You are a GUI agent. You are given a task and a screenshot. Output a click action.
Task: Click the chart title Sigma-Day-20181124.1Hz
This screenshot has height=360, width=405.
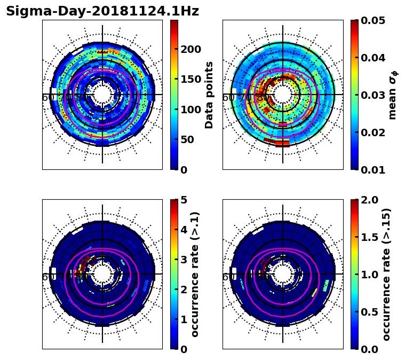point(102,11)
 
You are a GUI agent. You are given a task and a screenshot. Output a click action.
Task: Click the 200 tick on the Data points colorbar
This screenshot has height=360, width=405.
point(191,49)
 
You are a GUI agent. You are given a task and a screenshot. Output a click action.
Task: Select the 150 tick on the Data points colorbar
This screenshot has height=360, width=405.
point(191,79)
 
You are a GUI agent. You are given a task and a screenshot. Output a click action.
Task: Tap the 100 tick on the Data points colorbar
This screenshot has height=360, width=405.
point(191,109)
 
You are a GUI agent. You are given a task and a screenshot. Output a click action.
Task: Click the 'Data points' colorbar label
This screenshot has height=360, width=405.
point(209,95)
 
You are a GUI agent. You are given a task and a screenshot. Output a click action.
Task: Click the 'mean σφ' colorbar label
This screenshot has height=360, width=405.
point(393,95)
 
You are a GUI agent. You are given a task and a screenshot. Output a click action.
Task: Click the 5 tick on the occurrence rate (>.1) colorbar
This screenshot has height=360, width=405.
point(184,200)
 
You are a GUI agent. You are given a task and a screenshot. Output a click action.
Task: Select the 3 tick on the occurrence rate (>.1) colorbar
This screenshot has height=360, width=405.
point(184,260)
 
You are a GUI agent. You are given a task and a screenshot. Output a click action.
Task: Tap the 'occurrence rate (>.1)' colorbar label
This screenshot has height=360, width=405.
point(195,274)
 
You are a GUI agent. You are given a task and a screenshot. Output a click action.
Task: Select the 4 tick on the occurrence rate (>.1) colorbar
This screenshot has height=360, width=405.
point(184,230)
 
